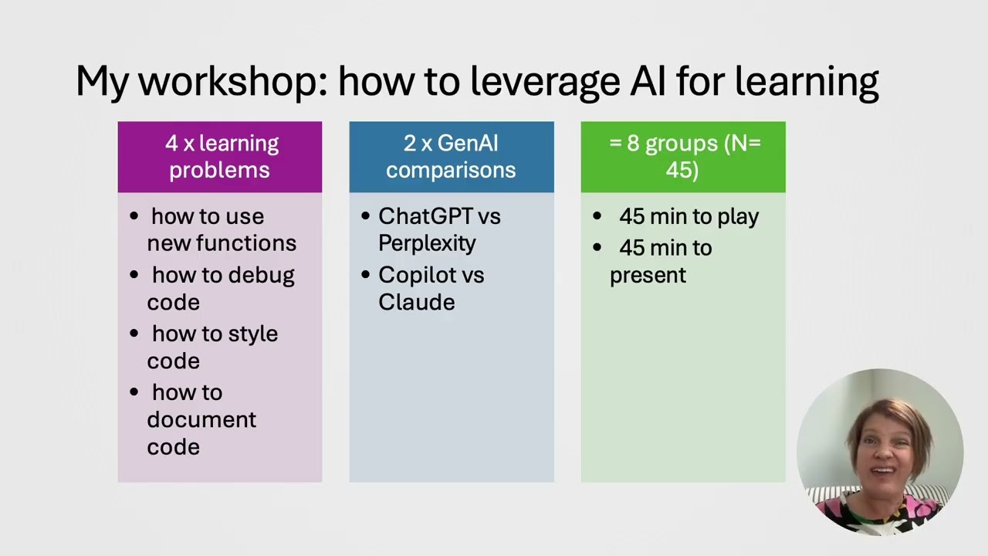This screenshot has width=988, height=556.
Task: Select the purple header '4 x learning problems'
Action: coord(220,157)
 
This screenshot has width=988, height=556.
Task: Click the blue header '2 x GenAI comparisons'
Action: coord(452,157)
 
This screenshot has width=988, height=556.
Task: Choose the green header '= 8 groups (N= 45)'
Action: coord(683,157)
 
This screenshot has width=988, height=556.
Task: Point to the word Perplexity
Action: coord(427,243)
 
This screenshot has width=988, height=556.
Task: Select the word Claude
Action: coord(416,302)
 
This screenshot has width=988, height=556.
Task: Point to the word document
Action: coord(201,420)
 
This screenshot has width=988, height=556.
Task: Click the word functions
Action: coord(246,243)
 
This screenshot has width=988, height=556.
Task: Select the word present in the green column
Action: coord(648,275)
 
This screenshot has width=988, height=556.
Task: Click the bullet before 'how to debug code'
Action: coord(135,275)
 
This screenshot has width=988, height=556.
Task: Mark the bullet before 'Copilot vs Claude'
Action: coord(366,275)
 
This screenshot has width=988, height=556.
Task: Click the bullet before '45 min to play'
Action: coord(597,216)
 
